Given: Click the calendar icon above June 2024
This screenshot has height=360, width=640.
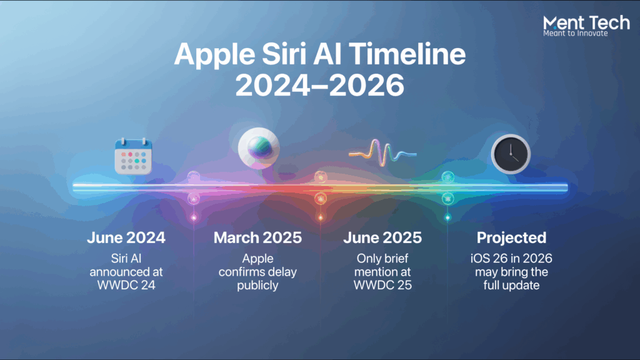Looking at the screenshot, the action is [134, 156].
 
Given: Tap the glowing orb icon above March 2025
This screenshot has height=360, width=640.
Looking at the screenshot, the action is [259, 148].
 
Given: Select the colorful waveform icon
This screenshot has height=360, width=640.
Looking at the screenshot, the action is [382, 153].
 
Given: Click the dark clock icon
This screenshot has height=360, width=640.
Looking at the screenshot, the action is [511, 154].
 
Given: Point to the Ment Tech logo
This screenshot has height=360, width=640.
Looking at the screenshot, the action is [586, 26].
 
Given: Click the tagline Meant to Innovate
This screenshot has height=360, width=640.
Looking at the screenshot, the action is [576, 34].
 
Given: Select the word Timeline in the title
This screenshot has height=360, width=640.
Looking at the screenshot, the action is [407, 54].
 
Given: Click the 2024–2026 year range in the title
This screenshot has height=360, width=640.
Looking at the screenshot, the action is [320, 85].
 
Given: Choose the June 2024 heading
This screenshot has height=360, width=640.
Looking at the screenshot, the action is [126, 237].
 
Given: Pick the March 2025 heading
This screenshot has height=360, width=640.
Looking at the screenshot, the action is [257, 237].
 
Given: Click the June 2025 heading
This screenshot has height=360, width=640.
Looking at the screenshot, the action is [382, 237].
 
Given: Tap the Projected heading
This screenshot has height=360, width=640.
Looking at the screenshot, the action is [511, 237].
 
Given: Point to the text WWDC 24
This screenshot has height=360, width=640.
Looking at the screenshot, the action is [126, 285].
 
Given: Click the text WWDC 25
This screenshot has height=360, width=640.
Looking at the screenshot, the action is [382, 285].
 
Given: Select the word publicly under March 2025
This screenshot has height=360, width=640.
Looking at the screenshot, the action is [257, 285].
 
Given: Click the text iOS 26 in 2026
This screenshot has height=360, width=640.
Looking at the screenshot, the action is [511, 258].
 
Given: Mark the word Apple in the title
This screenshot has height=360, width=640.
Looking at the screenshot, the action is [215, 55].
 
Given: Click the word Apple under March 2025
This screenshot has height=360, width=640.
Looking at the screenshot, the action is [257, 259].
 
